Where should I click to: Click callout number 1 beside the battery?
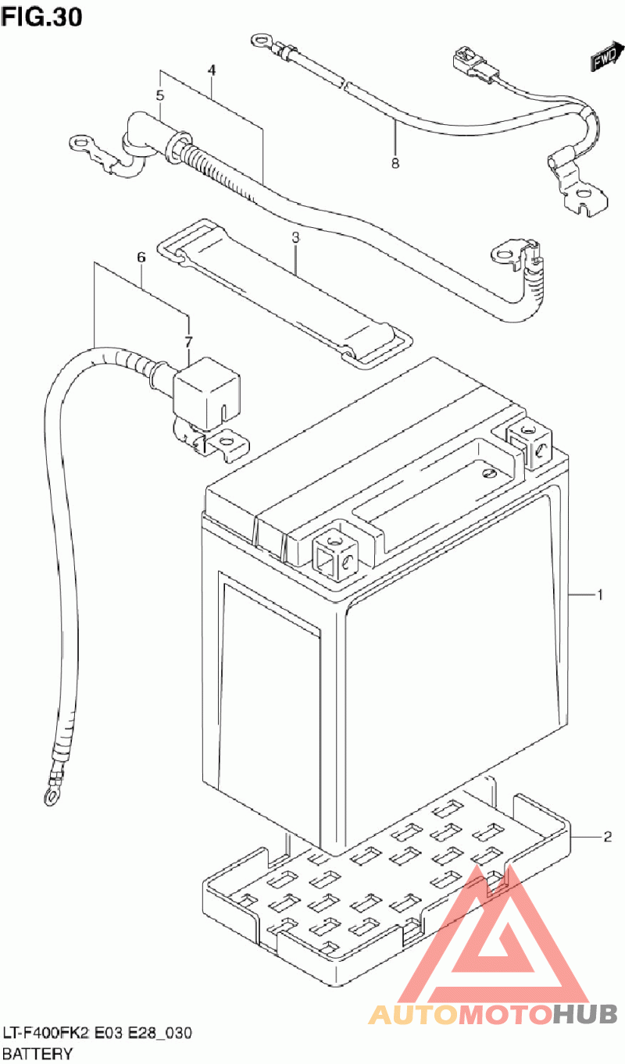[x=599, y=596]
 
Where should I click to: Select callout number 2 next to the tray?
[x=606, y=838]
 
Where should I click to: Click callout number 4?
[x=211, y=70]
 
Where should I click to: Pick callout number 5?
[x=160, y=96]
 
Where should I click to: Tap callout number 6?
[x=141, y=256]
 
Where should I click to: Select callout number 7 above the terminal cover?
[x=188, y=341]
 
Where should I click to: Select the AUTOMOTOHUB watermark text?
[x=492, y=1013]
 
